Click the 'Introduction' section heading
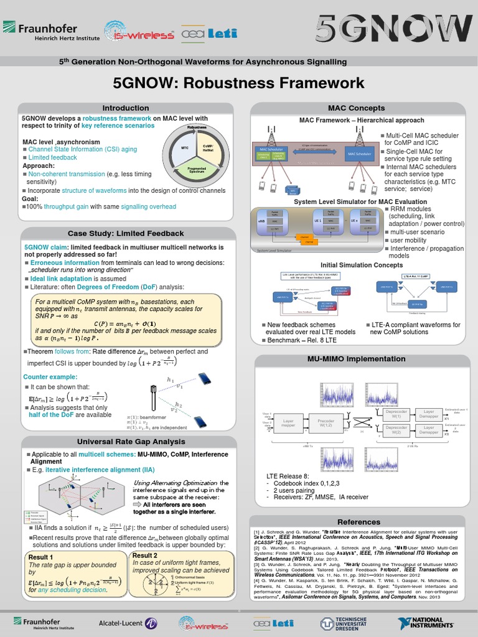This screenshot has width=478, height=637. (126, 108)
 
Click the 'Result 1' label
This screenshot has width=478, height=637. (40, 557)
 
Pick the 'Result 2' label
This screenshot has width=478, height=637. (145, 556)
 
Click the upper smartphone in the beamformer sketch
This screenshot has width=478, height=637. (204, 378)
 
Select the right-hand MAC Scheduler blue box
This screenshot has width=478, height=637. (359, 153)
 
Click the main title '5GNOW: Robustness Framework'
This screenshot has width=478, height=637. (238, 83)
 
